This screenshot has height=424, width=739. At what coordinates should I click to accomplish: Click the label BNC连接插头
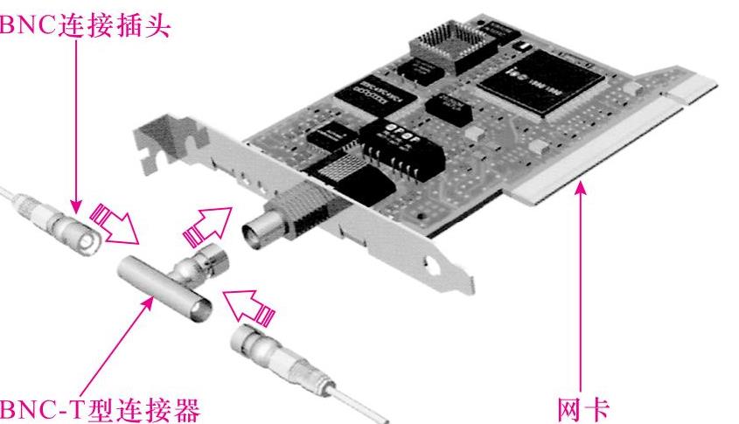pos(85,25)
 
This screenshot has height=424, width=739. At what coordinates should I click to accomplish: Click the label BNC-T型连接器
pos(99,410)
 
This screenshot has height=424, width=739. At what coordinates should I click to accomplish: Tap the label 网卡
pos(583,410)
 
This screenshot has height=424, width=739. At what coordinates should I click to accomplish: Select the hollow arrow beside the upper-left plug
pos(115,225)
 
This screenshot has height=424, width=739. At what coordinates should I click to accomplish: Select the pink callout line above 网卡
pos(581,288)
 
